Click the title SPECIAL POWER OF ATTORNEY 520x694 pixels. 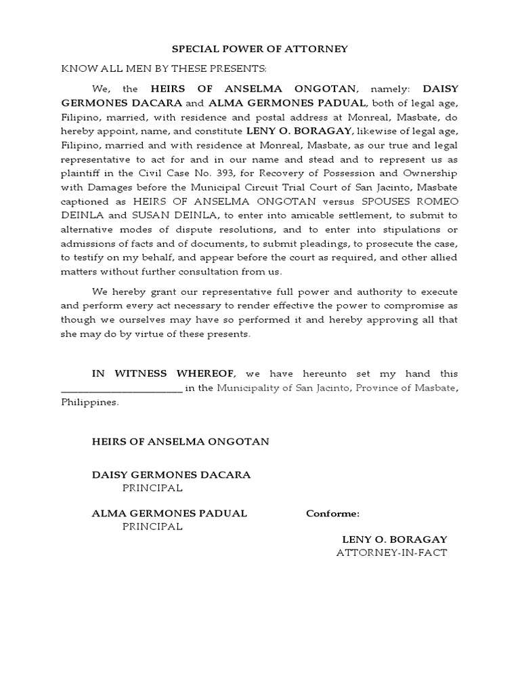pyautogui.click(x=260, y=49)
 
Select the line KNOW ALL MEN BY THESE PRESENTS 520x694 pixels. pyautogui.click(x=165, y=68)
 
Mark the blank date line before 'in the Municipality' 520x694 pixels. pyautogui.click(x=122, y=388)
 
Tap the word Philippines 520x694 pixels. pyautogui.click(x=89, y=402)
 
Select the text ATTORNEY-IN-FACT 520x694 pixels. pyautogui.click(x=392, y=552)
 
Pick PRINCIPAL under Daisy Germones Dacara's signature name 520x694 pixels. pyautogui.click(x=152, y=488)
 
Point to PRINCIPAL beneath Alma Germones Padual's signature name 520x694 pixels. pyautogui.click(x=152, y=527)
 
